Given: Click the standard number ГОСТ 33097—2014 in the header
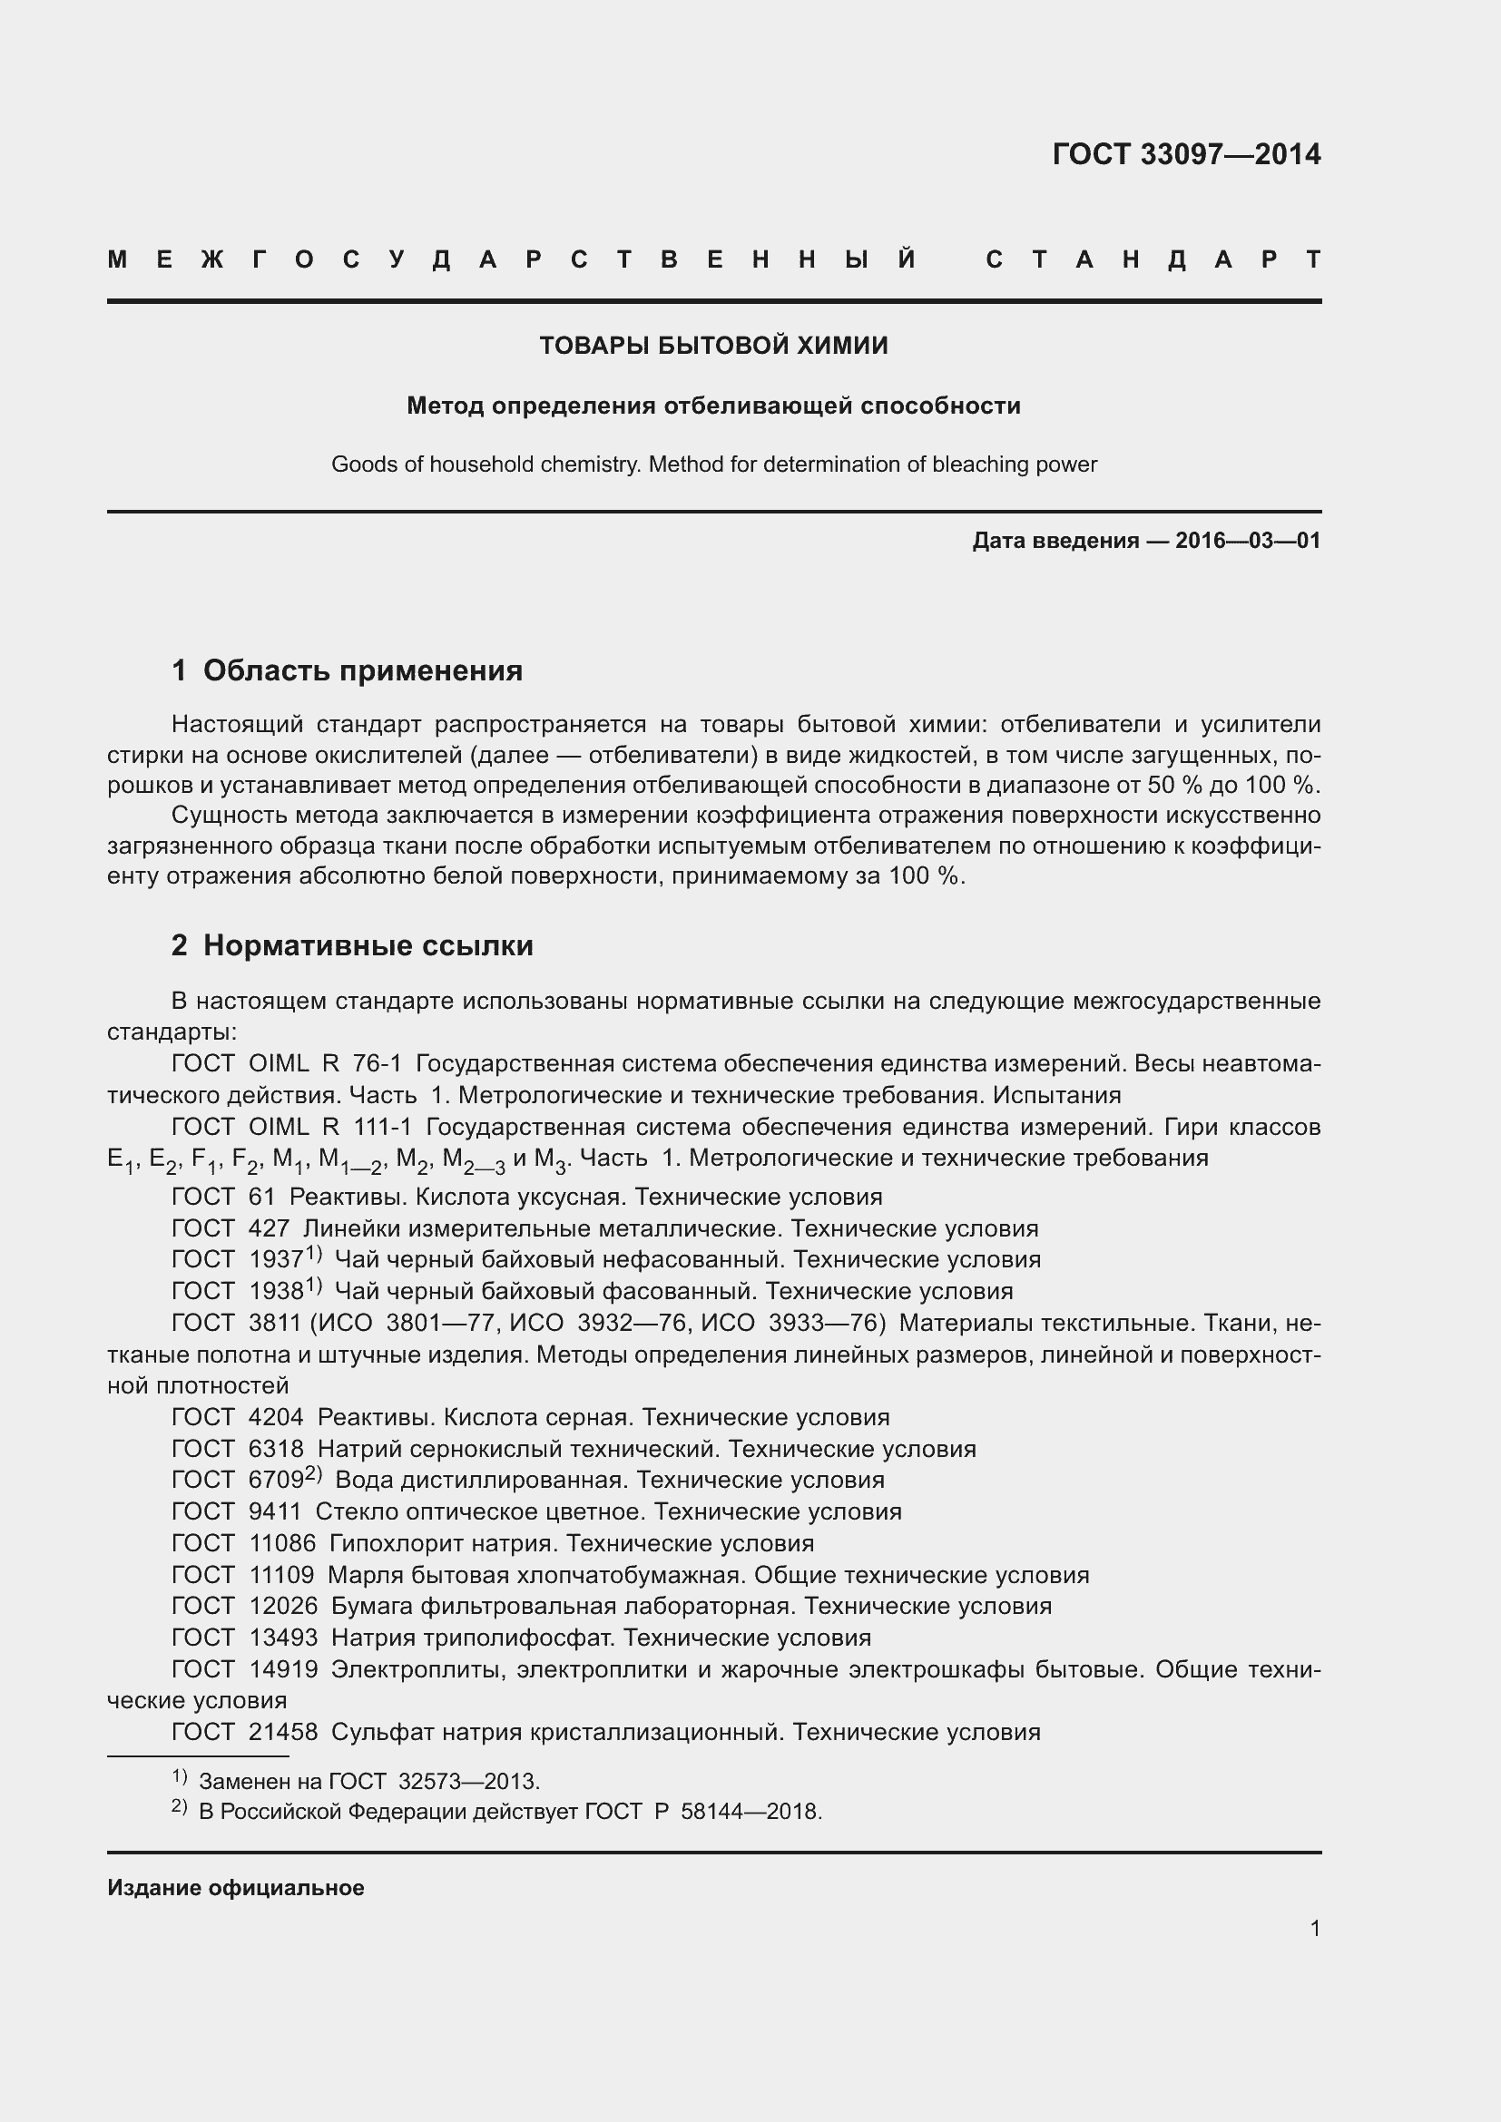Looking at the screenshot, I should coord(1186,153).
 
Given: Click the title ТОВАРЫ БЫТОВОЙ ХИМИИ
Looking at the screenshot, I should coord(713,346).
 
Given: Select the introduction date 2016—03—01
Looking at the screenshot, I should coord(1248,541).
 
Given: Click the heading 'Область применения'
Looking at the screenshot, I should coord(362,670).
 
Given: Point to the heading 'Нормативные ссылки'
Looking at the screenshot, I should coord(368,945).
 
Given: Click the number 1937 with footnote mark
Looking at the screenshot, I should coord(277,1260).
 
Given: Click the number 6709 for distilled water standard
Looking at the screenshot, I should coord(277,1480).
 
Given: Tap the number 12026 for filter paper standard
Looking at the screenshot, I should coord(283,1606).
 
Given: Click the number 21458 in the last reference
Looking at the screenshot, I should coord(283,1731).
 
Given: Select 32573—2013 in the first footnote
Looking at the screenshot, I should coord(468,1781).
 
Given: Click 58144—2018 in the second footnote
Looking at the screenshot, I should coord(750,1811).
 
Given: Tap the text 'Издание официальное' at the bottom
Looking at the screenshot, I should coord(236,1887).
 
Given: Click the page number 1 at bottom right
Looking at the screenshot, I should coord(1314,1928).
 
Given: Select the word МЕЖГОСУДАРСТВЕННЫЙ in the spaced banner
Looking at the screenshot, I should coord(513,259).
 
